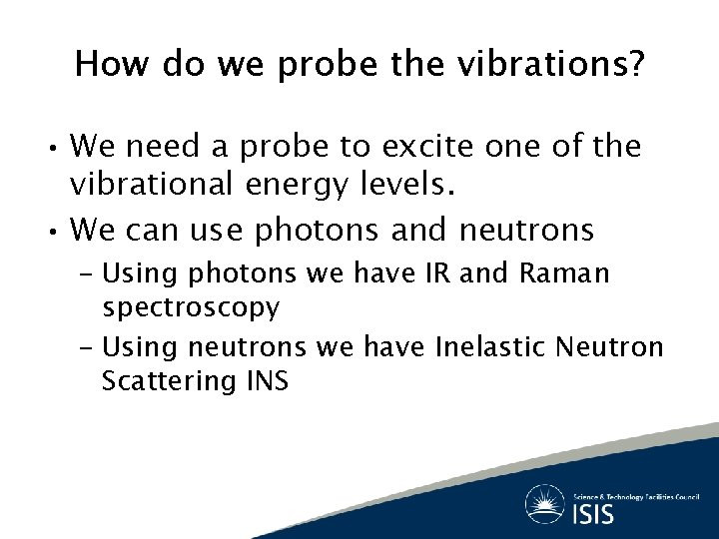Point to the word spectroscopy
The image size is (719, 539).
point(191,308)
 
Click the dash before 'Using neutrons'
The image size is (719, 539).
point(86,348)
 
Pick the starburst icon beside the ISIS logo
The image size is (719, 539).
point(545,503)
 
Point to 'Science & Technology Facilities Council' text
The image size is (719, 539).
point(635,495)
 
